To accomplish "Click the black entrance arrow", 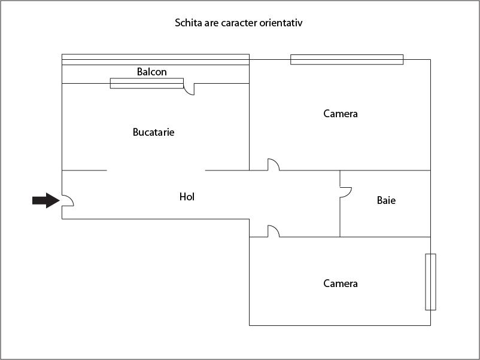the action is tap(46, 200).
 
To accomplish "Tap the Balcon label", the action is tap(152, 72).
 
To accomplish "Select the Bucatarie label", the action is tap(153, 132).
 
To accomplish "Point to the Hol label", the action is tap(187, 197).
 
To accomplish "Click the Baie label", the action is tap(386, 200).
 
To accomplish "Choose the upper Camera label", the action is tap(341, 114).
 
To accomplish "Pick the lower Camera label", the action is tap(341, 283).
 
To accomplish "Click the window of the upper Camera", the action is tap(347, 59).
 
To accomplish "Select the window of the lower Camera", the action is tap(430, 282).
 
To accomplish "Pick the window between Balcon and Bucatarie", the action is tap(147, 83).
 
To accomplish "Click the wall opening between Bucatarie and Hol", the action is tap(156, 170).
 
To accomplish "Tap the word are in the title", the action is tap(211, 23).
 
